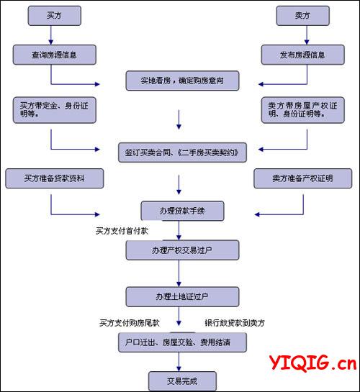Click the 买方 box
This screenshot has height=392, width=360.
click(x=54, y=16)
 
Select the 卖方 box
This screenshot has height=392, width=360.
click(x=302, y=16)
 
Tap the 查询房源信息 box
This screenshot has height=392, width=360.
click(x=54, y=55)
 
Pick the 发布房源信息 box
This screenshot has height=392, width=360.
click(x=302, y=55)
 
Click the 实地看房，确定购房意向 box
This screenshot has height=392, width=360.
click(x=182, y=81)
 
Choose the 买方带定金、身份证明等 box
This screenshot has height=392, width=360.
click(x=54, y=110)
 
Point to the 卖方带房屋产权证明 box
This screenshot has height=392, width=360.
click(x=302, y=110)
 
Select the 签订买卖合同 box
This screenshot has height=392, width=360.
click(x=182, y=152)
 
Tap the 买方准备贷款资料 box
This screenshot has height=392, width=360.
click(x=54, y=178)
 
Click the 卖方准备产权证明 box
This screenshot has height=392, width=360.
click(x=302, y=178)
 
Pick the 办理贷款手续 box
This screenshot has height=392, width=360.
click(x=182, y=211)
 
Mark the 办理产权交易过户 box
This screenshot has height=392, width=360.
click(x=182, y=250)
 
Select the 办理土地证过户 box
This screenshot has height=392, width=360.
click(x=182, y=297)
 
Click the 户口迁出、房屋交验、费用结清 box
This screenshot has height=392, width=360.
click(x=182, y=342)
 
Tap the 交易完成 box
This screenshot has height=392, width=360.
click(x=182, y=381)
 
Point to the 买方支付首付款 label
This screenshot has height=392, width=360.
click(x=122, y=231)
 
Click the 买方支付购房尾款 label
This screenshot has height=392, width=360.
click(x=130, y=323)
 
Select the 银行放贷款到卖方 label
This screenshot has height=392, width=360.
click(x=235, y=323)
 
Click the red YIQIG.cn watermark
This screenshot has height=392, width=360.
click(x=312, y=363)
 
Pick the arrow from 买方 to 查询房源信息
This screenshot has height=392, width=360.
click(x=51, y=35)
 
